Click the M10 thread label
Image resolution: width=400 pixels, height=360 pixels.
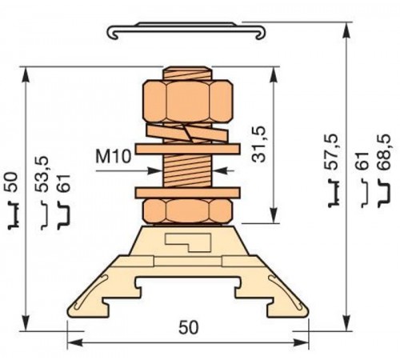point(113,156)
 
